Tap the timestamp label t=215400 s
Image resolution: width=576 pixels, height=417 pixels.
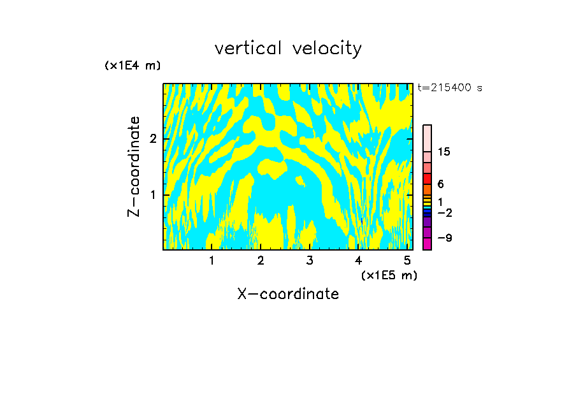click(450, 87)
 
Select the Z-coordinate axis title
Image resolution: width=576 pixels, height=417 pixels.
click(134, 166)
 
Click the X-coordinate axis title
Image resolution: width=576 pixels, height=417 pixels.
click(288, 294)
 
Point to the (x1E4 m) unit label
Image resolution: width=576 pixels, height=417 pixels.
click(133, 65)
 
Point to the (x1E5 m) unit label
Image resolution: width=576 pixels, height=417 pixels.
click(389, 275)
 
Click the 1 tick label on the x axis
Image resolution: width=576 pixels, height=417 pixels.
click(212, 260)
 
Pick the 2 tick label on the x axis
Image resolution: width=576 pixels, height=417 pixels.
click(261, 260)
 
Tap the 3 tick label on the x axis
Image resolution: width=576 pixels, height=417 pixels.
click(310, 260)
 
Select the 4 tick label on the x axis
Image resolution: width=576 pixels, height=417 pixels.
click(358, 260)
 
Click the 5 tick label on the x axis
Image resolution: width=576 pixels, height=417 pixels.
click(407, 260)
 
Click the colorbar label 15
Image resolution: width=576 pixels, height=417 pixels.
click(444, 152)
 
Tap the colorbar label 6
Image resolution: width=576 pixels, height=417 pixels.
click(440, 184)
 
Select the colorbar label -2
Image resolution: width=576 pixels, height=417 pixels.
click(445, 212)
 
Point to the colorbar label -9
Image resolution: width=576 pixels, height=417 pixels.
click(445, 238)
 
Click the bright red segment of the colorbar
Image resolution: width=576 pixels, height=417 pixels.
click(427, 179)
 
